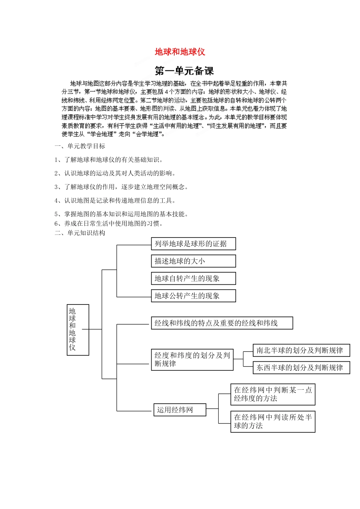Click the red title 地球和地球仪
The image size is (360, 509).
[180, 52]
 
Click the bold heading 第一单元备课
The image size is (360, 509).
[185, 71]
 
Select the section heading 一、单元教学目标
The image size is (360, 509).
[80, 146]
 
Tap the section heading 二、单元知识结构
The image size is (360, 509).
[80, 233]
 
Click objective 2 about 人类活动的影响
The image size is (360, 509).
[115, 173]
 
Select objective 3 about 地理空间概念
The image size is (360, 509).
[121, 187]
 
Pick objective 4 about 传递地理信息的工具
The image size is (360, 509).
[115, 200]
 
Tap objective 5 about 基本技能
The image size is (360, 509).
[121, 214]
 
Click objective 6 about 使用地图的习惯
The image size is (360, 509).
[109, 223]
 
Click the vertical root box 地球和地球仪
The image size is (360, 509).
[78, 329]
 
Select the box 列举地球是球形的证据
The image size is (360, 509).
[193, 244]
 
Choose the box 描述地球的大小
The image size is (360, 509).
[193, 261]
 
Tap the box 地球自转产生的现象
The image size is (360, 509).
[193, 278]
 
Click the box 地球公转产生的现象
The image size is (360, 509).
[193, 296]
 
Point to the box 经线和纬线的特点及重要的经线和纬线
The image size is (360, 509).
[222, 323]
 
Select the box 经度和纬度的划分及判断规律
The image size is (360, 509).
[192, 359]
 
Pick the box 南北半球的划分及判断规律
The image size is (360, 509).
[301, 350]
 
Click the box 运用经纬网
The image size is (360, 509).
[180, 410]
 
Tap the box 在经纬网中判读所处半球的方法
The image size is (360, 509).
[273, 422]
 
